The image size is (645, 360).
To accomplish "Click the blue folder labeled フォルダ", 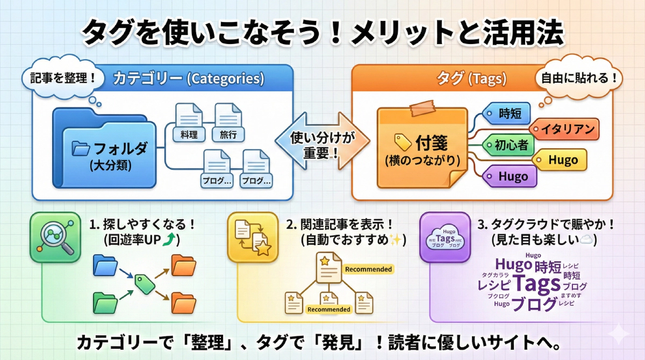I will coord(107,153).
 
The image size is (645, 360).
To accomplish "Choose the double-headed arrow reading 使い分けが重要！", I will coord(323,142).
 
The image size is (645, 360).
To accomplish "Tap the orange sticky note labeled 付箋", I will coord(421,147).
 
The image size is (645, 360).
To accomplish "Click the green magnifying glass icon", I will coord(55,236).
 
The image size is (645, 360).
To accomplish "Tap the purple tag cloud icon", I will coord(445,237).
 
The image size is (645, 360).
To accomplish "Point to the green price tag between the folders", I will coord(144,283).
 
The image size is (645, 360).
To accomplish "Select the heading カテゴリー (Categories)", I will coord(189,78).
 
